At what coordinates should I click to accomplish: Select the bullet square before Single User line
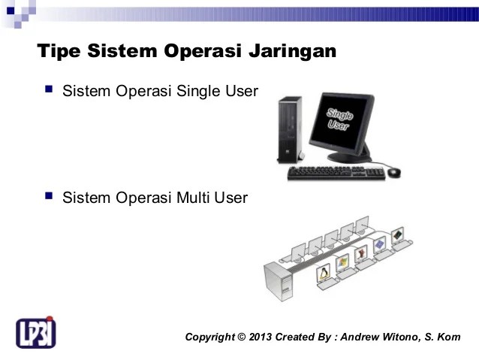click(49, 90)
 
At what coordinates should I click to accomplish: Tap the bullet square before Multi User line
click(49, 197)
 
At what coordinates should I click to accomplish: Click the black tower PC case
click(287, 131)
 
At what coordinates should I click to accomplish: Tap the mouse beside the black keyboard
click(394, 172)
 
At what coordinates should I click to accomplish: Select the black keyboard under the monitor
click(336, 173)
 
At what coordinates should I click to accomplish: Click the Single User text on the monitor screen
click(342, 121)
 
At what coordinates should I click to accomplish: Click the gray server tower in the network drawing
click(279, 283)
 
